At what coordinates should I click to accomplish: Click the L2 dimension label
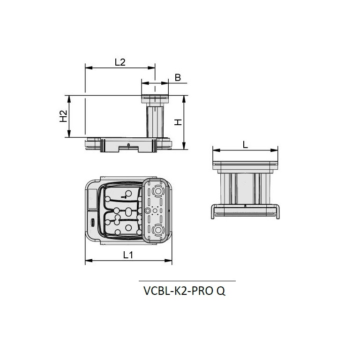[x=120, y=62]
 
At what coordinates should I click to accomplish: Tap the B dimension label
[x=178, y=78]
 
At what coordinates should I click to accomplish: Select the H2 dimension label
[x=63, y=116]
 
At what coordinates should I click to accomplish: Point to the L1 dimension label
[x=128, y=255]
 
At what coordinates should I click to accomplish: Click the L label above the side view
[x=245, y=145]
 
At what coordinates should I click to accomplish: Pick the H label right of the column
[x=178, y=122]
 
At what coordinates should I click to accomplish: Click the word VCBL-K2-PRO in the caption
[x=178, y=291]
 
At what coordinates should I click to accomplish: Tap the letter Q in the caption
[x=221, y=291]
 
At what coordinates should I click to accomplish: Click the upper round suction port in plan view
[x=157, y=191]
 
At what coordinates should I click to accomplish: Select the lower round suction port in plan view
[x=157, y=229]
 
